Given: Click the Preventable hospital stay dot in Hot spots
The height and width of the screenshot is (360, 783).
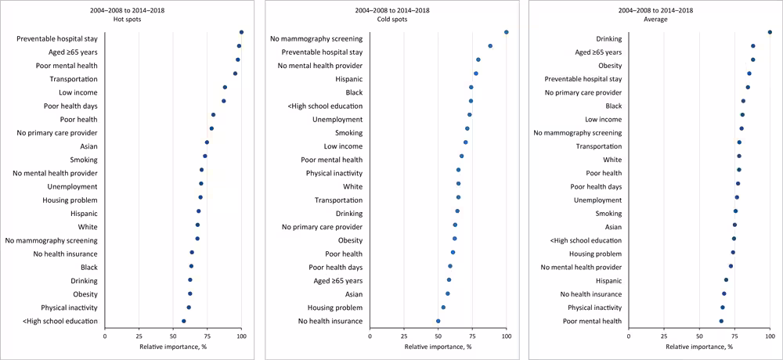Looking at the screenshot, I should (241, 32).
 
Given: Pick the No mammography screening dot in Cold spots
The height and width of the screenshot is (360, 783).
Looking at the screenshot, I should (507, 32).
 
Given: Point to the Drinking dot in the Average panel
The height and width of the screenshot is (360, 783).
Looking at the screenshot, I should (770, 32).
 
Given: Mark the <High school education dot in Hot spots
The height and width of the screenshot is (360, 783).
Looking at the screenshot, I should (184, 321).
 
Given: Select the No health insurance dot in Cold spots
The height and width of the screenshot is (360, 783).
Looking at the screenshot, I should (438, 321).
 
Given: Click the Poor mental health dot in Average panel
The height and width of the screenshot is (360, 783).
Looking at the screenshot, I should (721, 321).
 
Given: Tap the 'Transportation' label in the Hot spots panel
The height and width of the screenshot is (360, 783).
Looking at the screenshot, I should (74, 79).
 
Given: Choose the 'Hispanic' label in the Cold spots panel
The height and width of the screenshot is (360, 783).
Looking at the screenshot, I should (348, 79).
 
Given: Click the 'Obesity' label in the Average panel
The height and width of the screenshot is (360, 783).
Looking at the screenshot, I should (610, 66).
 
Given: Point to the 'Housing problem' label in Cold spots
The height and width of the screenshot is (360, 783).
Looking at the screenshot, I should (335, 308).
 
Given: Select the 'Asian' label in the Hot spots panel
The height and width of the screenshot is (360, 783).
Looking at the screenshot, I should (88, 146).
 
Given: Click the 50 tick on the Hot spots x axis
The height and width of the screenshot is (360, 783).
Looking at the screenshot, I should (173, 335).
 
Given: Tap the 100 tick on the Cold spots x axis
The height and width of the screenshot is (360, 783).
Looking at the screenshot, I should (506, 335).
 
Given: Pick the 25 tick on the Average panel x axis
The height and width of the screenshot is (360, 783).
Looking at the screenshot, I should (664, 335).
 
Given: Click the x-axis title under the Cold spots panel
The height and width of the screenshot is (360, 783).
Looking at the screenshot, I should (438, 347).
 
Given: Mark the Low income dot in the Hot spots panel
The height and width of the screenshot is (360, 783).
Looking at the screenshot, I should (225, 88).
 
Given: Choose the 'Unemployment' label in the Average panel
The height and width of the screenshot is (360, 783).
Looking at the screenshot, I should (598, 200).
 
